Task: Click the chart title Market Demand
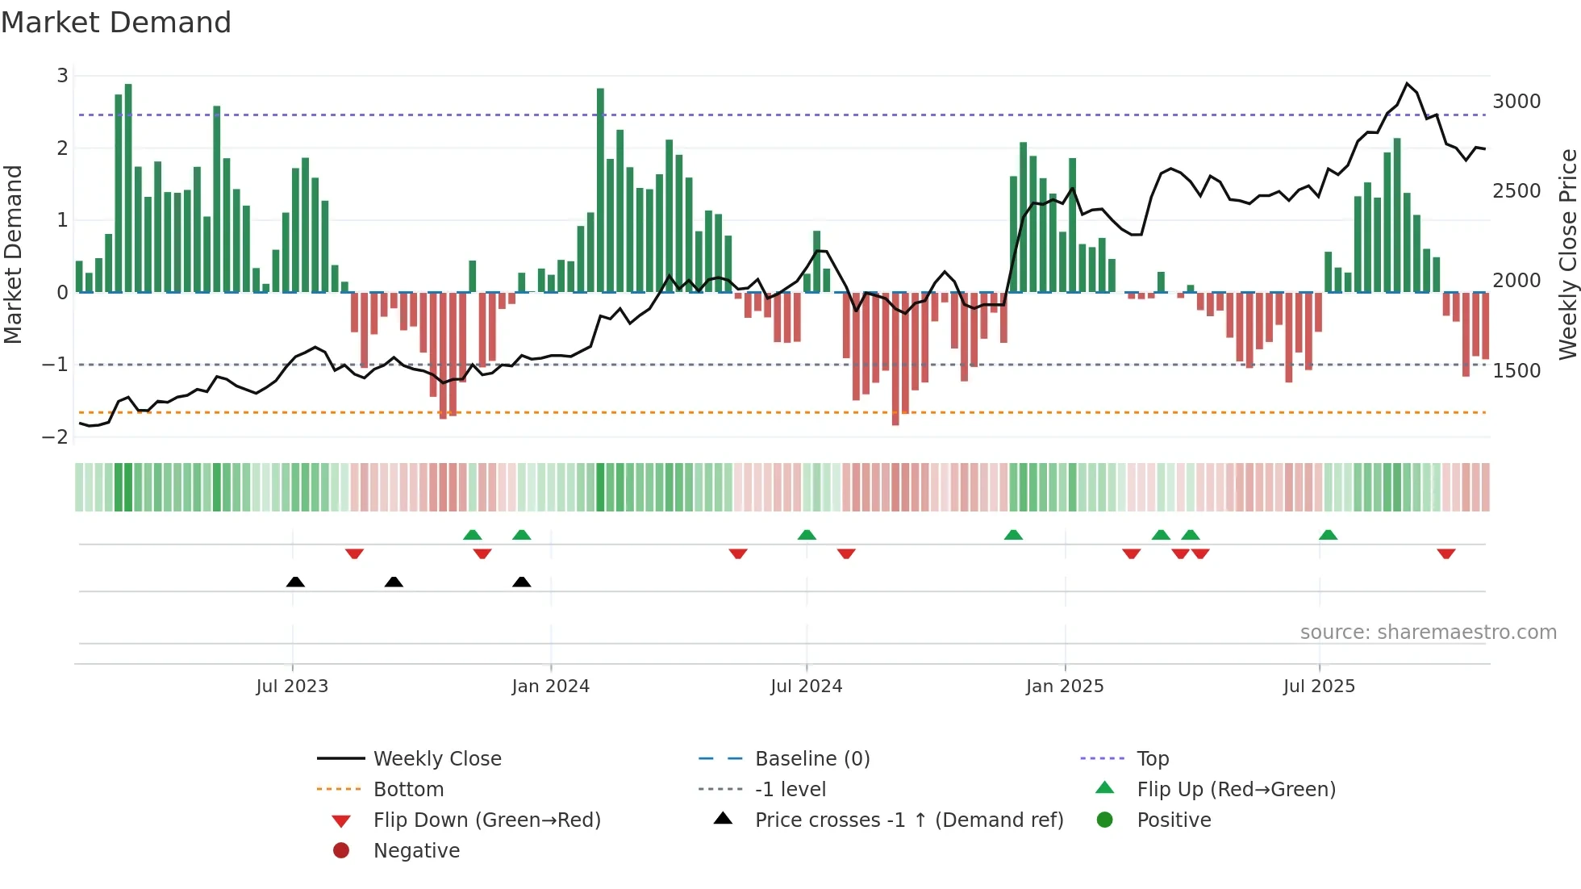(116, 23)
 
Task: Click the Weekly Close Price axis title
(1567, 254)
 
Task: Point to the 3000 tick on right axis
(1516, 102)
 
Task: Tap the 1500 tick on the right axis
(1516, 371)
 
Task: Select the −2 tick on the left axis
(55, 437)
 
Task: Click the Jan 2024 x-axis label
(550, 687)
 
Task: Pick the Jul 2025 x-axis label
(1319, 687)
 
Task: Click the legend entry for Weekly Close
(436, 759)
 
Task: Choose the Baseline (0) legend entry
(811, 759)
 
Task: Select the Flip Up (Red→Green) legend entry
(1235, 790)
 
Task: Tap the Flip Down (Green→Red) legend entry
(486, 820)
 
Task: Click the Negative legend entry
(416, 851)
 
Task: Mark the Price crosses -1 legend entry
(908, 820)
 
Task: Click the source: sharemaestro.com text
(1428, 632)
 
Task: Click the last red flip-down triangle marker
(1445, 553)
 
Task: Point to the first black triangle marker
(295, 582)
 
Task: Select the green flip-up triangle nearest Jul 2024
(807, 535)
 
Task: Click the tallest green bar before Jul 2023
(128, 187)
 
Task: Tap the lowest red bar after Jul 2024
(895, 359)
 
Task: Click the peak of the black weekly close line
(1407, 84)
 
